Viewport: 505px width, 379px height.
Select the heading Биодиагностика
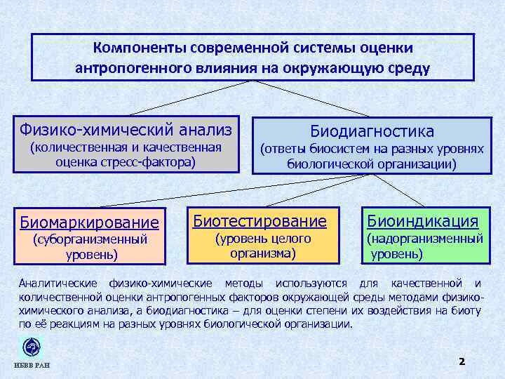point(372,131)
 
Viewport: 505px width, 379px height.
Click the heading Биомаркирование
point(90,222)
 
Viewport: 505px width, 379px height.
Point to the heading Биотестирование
point(260,221)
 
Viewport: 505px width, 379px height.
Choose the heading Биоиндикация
point(424,221)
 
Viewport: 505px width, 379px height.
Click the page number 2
point(462,361)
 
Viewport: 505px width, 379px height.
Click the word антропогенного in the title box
point(126,68)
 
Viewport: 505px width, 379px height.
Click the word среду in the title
point(411,68)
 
